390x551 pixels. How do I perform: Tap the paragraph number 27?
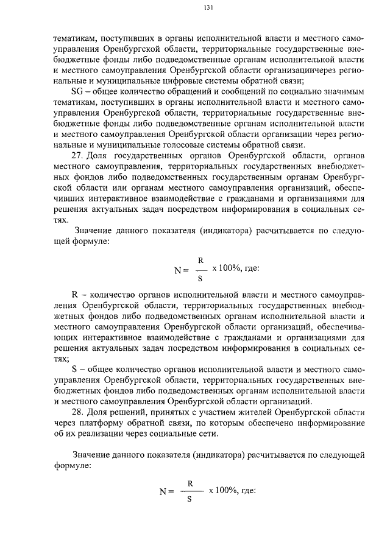pyautogui.click(x=77, y=155)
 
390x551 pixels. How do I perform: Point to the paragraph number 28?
pyautogui.click(x=77, y=413)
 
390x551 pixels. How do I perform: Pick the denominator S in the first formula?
pyautogui.click(x=200, y=279)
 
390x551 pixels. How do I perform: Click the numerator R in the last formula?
pyautogui.click(x=190, y=483)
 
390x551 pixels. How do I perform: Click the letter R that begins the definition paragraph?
pyautogui.click(x=75, y=293)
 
